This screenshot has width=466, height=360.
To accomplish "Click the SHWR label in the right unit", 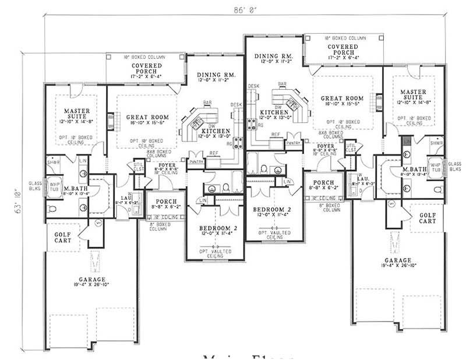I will (x=436, y=143).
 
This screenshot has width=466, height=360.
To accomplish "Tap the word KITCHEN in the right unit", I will (x=275, y=112).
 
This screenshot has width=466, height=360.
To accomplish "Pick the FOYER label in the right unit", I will (x=326, y=146).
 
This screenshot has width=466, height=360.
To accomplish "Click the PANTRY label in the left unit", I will (x=196, y=161).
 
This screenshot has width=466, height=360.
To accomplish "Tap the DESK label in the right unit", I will (x=253, y=86).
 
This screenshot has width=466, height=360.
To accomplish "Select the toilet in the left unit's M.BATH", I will (x=51, y=208).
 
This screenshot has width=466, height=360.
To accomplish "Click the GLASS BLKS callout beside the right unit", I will (x=454, y=167).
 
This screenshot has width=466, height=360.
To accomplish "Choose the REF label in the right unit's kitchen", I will (x=276, y=135).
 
